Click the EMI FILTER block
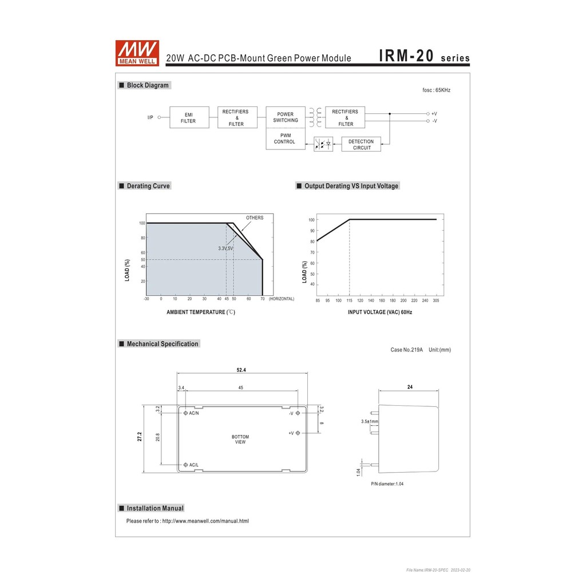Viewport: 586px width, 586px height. [188, 117]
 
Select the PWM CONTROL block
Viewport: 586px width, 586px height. [284, 138]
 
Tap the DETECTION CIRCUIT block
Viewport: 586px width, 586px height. [361, 144]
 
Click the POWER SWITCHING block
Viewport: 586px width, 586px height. [285, 117]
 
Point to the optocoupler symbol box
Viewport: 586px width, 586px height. [323, 144]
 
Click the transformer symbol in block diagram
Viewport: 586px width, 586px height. [314, 117]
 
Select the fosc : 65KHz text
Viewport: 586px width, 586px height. [436, 90]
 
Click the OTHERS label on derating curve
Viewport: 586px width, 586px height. [255, 217]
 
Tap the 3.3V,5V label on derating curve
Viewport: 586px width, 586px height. [225, 248]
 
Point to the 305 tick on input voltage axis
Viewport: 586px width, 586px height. [436, 300]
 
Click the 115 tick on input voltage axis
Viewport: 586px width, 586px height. [349, 300]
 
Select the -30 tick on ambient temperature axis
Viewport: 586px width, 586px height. [146, 299]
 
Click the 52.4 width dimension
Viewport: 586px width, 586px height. [241, 370]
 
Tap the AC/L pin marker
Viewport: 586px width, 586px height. [185, 465]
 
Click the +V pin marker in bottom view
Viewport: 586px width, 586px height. [298, 433]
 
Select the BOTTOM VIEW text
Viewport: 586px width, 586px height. [240, 439]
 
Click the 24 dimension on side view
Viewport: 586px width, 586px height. [410, 387]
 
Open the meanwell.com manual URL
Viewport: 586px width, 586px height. [205, 521]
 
